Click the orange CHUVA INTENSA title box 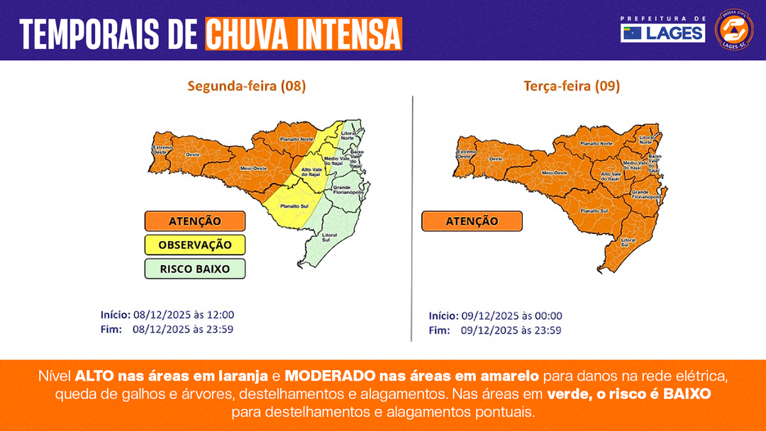(304, 33)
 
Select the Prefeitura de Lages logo (662, 29)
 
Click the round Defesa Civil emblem (734, 29)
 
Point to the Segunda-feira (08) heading (246, 86)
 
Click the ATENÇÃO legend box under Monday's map (194, 221)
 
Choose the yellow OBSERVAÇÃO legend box (194, 245)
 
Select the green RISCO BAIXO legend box (194, 269)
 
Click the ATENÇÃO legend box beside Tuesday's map (472, 221)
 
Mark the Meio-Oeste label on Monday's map (252, 168)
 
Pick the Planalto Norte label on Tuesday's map (596, 143)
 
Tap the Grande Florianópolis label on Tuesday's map (646, 193)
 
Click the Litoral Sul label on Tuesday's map (628, 242)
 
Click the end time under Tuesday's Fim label (511, 330)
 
